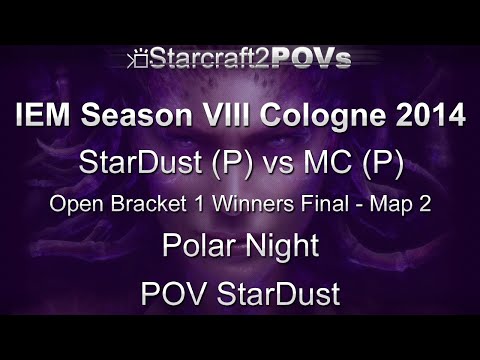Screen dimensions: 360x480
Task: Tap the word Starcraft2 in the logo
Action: click(205, 59)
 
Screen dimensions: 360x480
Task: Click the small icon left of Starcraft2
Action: click(139, 61)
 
